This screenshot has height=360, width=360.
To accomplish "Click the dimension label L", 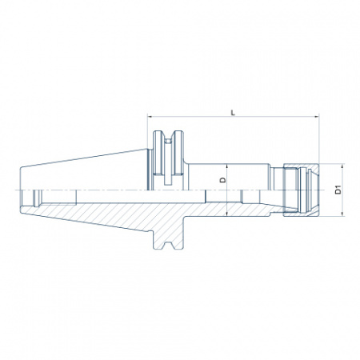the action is click(233, 113).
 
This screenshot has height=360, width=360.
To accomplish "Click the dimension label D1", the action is click(338, 190).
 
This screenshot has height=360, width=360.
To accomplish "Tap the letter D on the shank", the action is click(222, 180).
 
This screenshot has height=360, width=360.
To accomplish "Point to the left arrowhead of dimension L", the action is click(150, 117).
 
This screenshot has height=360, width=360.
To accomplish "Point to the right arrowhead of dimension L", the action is click(317, 117).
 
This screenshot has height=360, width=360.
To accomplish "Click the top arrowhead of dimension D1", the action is click(342, 166).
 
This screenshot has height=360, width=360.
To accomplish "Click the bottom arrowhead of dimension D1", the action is click(342, 214).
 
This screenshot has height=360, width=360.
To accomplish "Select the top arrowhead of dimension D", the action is click(226, 166).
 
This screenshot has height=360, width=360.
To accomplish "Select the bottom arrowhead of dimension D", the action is click(226, 214).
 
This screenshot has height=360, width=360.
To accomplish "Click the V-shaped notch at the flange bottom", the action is click(168, 245).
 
